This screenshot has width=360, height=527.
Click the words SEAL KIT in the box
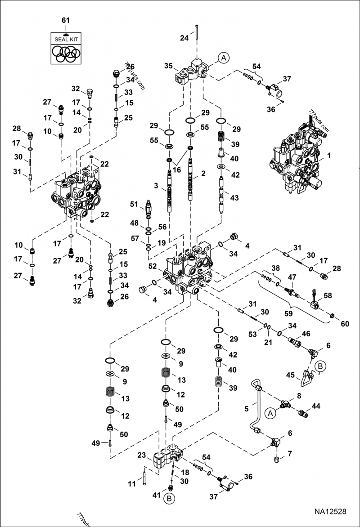coord(66,40)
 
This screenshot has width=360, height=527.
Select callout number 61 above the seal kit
coord(66,21)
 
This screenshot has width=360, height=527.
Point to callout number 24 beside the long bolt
coord(184,38)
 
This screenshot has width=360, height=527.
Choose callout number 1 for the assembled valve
coord(329,155)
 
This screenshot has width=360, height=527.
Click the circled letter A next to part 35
coord(224,58)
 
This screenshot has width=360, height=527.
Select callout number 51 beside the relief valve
coord(134,205)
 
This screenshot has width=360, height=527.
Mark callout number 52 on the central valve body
coord(153,267)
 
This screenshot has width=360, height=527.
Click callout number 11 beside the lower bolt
coord(131,484)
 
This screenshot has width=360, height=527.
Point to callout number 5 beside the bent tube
coord(246,409)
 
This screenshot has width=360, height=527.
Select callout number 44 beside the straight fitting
coord(316,406)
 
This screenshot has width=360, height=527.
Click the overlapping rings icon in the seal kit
coord(66,54)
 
